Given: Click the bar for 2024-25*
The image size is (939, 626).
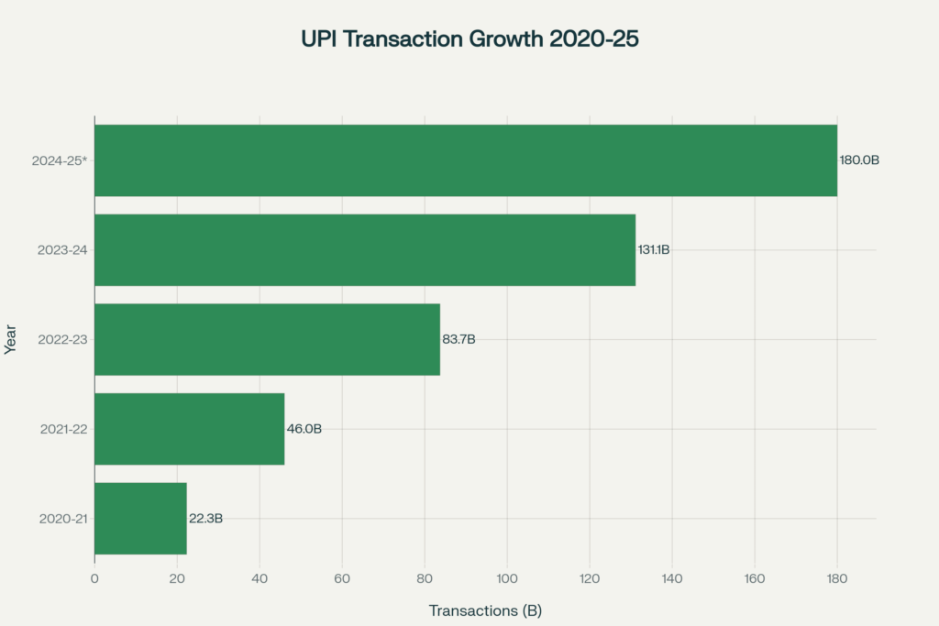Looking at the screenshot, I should (466, 160).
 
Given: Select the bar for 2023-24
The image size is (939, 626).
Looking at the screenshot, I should (365, 250).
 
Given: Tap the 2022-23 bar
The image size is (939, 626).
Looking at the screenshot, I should (267, 339).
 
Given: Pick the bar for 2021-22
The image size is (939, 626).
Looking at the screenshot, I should (189, 429).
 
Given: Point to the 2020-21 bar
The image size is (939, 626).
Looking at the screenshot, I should (140, 519).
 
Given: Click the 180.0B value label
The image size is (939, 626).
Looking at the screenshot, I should (859, 160).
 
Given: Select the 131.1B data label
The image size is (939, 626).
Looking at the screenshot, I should (654, 250).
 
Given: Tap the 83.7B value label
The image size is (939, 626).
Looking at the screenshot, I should (458, 340).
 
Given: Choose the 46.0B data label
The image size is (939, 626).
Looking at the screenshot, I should (304, 429).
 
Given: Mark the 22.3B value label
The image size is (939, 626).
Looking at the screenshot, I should (205, 519).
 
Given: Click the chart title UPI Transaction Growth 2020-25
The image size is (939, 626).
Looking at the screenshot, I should (469, 39).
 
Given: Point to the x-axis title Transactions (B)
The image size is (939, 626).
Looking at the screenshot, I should (485, 610).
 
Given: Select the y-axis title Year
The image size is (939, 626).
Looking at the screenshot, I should (11, 339).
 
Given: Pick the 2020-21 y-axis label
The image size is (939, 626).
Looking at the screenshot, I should (63, 519).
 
